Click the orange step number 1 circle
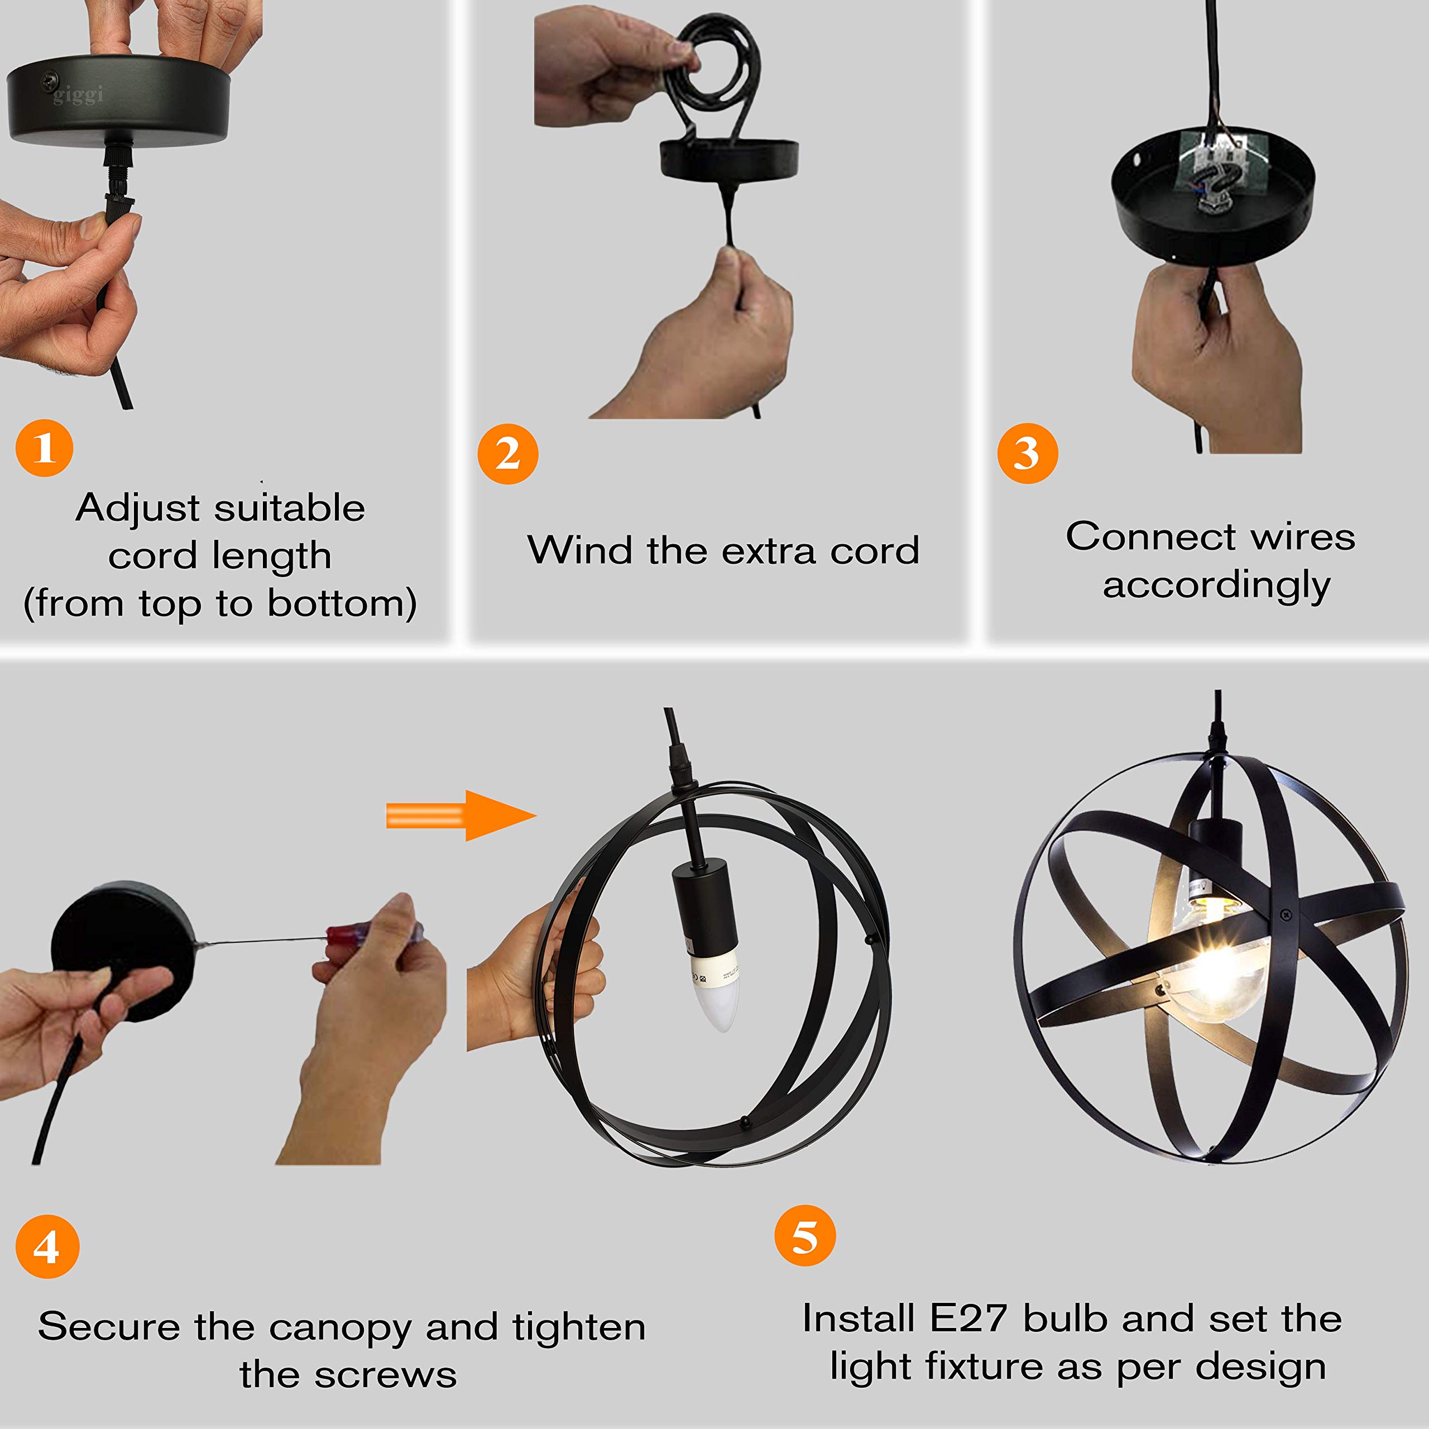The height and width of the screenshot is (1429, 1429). pos(45,448)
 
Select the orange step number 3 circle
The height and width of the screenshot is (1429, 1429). pos(1027,453)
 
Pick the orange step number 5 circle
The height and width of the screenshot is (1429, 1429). pos(805,1235)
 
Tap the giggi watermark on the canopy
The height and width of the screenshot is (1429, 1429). pos(78,95)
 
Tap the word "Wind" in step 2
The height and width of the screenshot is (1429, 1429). pos(580,550)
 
